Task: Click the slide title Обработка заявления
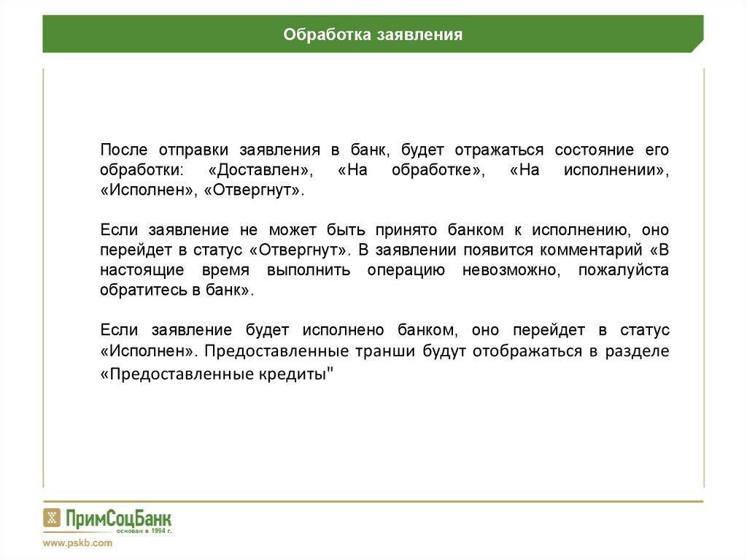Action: [373, 34]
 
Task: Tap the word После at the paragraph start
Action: [124, 150]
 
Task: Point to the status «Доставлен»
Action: [261, 170]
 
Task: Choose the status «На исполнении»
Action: [589, 170]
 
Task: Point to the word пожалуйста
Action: [623, 270]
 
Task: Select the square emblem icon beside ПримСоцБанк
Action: [51, 518]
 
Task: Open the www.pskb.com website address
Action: [77, 543]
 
